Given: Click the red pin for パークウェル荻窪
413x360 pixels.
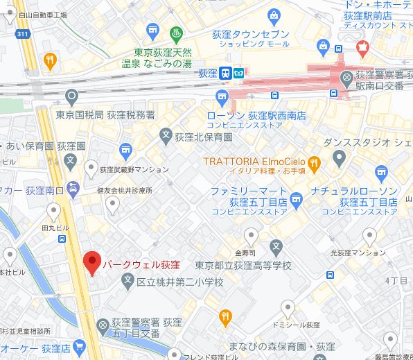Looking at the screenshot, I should pos(91,262).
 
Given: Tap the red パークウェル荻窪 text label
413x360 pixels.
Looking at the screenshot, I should pos(141,265).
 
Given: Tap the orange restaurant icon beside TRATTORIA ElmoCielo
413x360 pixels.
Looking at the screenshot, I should pos(314,164).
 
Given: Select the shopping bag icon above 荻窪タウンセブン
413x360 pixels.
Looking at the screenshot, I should pos(274,15).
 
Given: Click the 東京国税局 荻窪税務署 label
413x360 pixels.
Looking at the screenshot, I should pos(105,114).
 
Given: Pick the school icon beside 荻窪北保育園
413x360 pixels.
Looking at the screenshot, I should pos(166,135).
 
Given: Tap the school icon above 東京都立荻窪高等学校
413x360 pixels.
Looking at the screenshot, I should pos(276,246).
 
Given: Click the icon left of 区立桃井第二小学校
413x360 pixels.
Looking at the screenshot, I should pos(127,282).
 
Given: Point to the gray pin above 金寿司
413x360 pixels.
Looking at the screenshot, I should pos(252,236).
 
